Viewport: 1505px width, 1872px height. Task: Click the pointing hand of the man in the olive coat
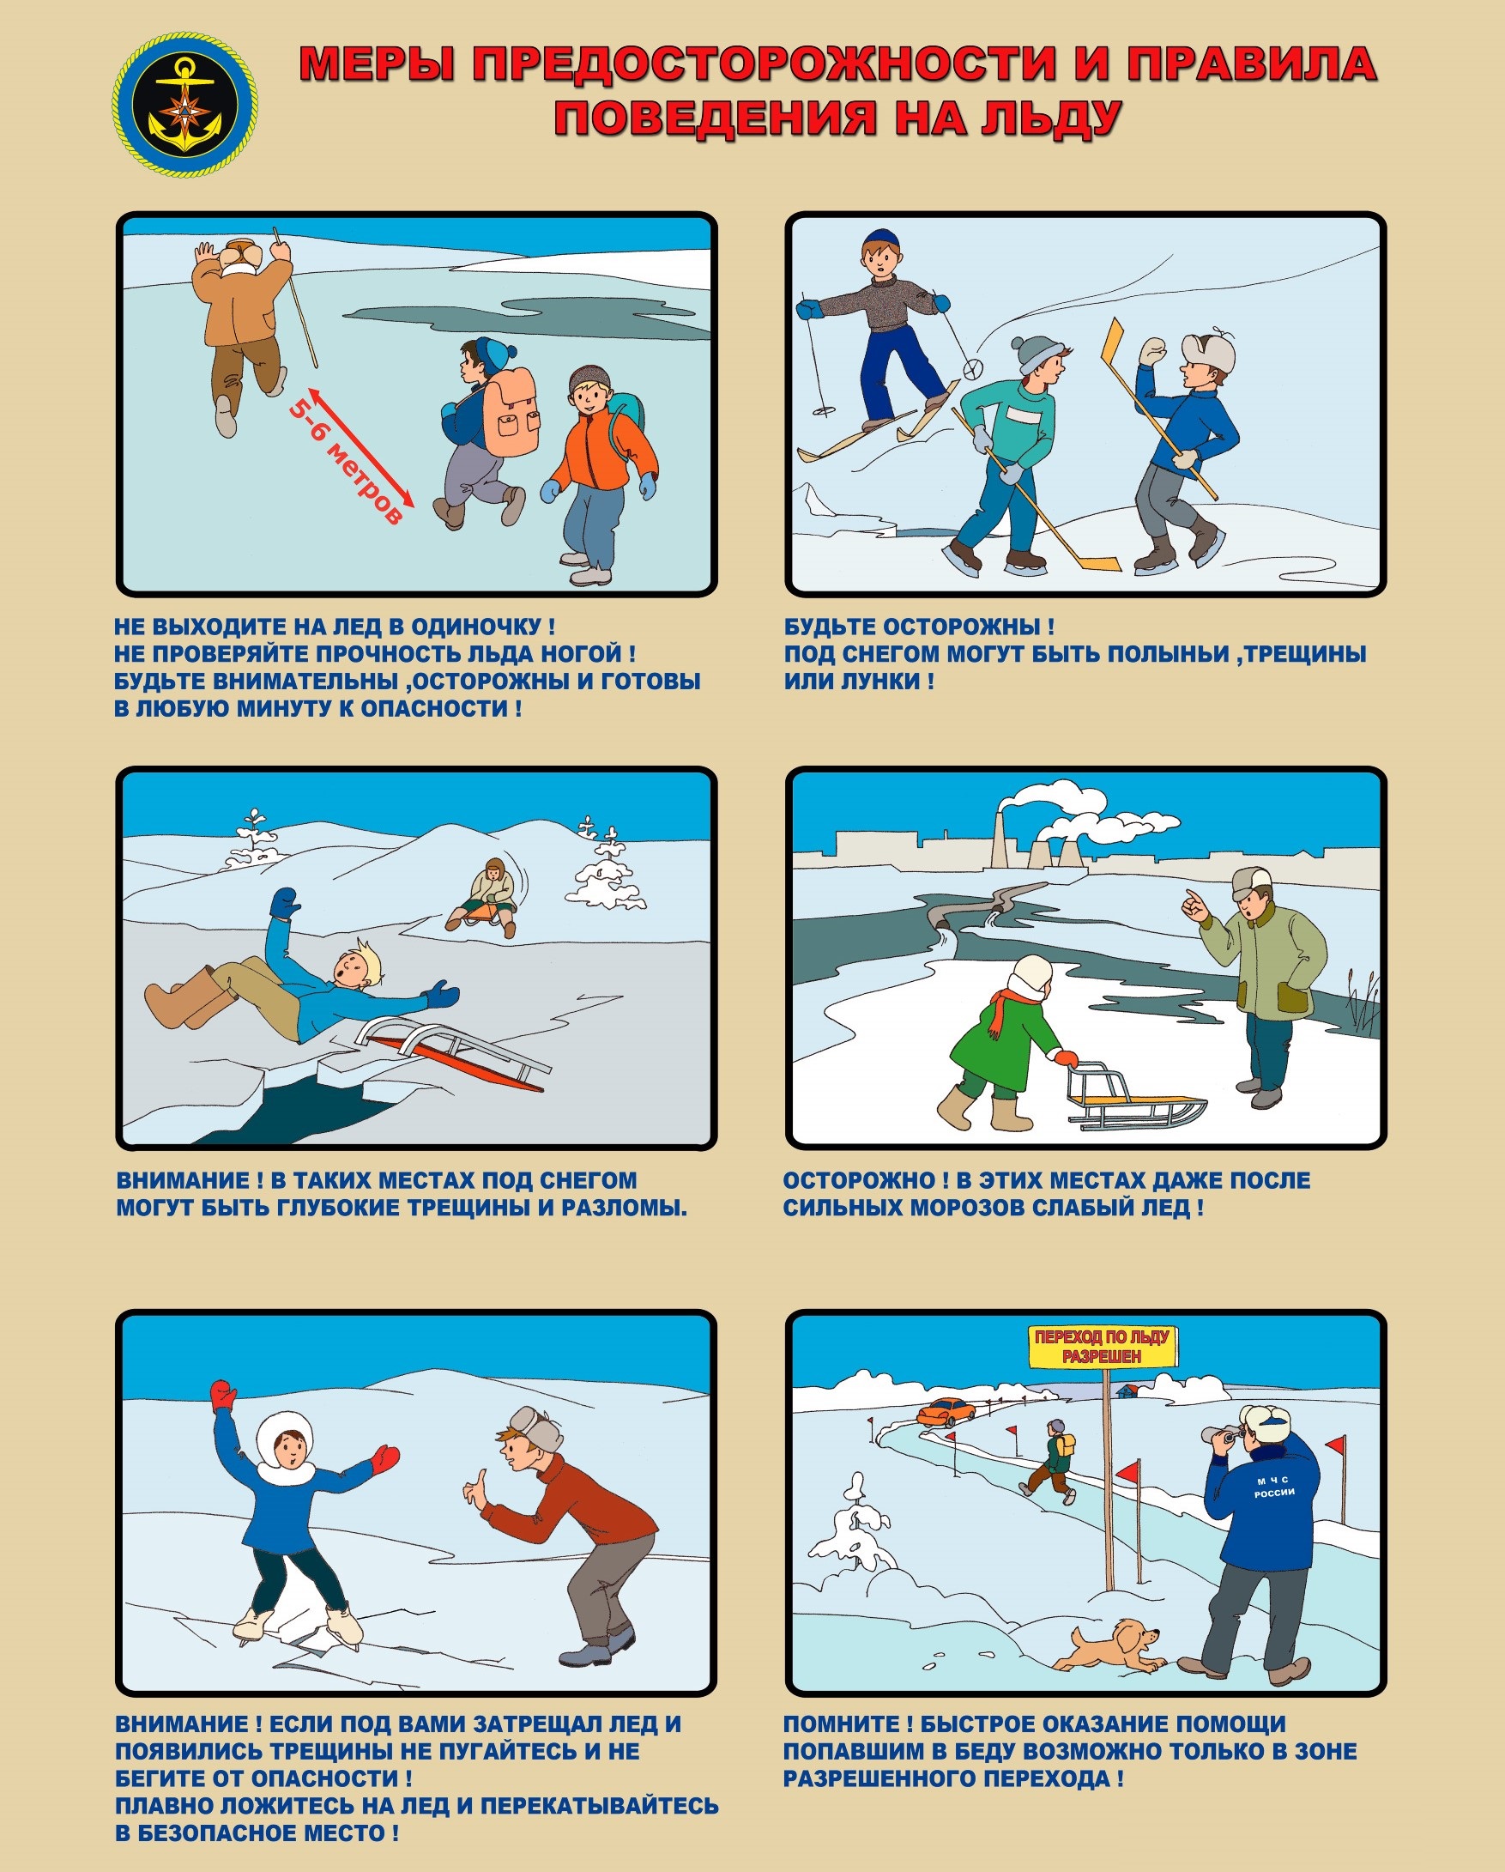coord(1196,906)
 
